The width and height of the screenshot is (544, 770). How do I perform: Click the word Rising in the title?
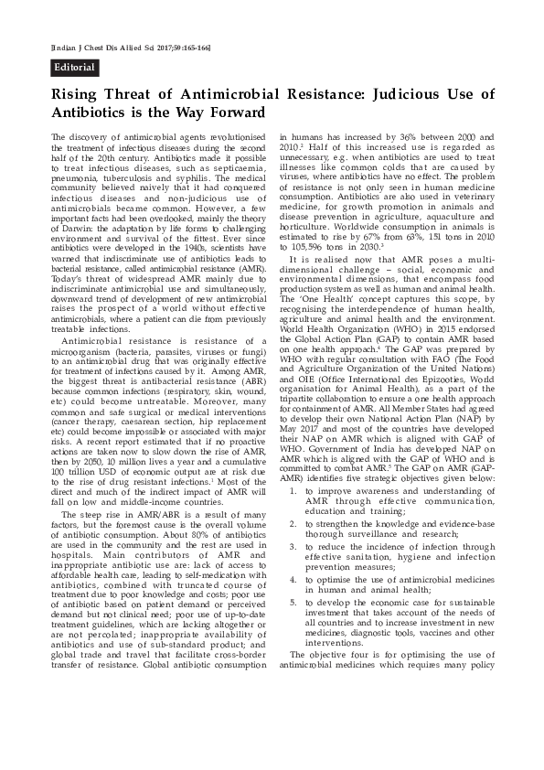(x=75, y=95)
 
